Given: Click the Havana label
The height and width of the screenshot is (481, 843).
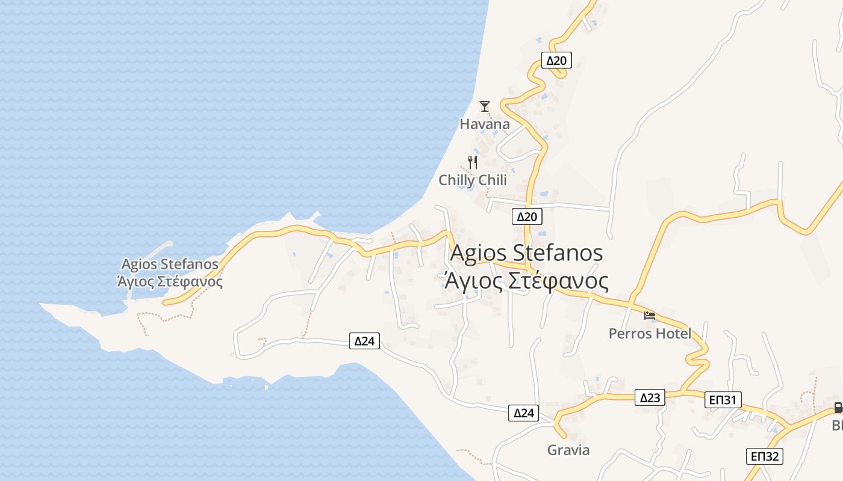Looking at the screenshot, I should (485, 124).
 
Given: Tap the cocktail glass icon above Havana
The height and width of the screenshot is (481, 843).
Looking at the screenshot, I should (485, 106).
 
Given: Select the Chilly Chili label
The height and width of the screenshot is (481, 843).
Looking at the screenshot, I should (473, 180).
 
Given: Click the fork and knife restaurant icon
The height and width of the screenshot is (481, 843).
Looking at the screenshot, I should (473, 162).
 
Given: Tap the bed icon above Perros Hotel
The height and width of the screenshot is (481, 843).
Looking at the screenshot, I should (649, 315).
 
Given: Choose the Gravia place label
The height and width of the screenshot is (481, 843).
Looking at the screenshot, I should (568, 450).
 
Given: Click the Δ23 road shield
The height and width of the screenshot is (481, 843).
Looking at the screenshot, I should (650, 397).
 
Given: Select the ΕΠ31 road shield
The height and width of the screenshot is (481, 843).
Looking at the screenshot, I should (723, 400).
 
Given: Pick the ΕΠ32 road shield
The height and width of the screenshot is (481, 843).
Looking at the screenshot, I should (765, 456).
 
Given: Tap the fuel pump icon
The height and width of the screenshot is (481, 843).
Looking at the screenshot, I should (838, 408).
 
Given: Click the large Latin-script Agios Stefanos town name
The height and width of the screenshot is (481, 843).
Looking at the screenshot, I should (526, 253).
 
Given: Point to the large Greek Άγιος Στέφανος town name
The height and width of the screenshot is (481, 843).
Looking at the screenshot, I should (526, 281).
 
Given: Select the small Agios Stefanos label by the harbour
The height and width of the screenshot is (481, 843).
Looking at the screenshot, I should (170, 264).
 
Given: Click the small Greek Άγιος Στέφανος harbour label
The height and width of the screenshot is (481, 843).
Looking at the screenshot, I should (170, 281).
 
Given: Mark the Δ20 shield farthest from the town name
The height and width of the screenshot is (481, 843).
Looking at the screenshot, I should (556, 60).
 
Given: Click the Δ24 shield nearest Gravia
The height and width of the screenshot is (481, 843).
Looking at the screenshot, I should (524, 413).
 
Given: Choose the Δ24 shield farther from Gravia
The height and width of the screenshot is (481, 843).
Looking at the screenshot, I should (364, 342).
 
